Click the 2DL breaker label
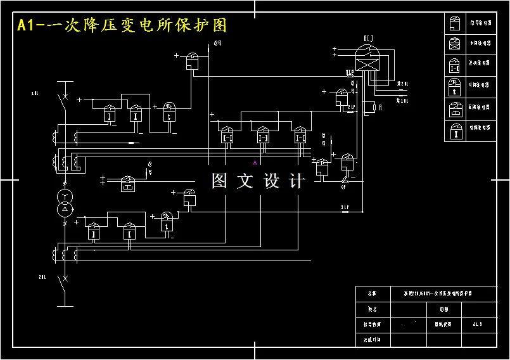(42, 277)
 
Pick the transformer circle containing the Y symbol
(64, 195)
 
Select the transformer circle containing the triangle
(64, 209)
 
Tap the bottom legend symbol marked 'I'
(455, 131)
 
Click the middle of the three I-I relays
(264, 135)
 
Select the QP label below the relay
(343, 187)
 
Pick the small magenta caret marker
(255, 163)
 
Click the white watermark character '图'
(219, 181)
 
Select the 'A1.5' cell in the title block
(477, 324)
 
